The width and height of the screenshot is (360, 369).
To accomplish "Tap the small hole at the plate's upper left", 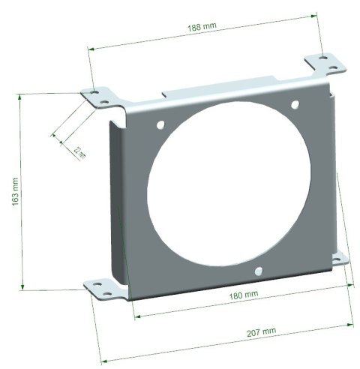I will [159, 125].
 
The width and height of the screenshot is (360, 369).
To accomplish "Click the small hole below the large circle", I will [258, 270].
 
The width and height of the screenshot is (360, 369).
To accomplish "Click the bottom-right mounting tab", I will [341, 259].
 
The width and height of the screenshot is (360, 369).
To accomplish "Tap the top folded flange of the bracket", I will [225, 88].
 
